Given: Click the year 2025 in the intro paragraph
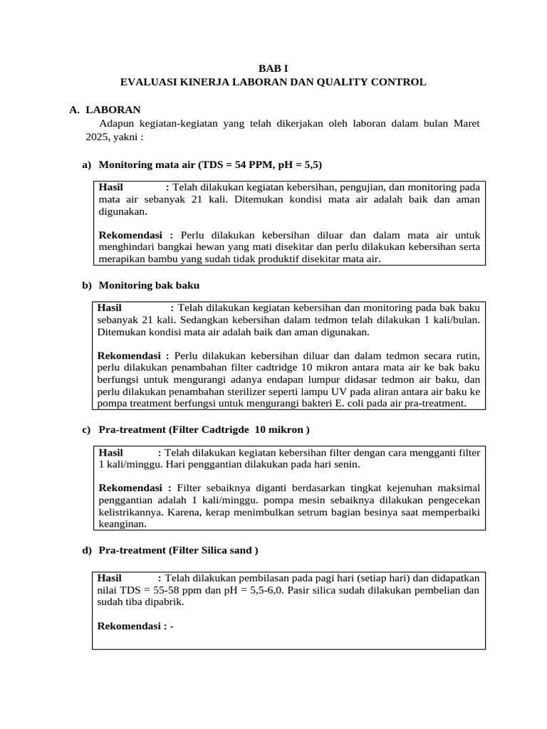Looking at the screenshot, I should click(97, 137).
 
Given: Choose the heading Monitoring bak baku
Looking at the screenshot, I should click(149, 285).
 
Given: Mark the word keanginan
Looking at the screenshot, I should click(122, 525).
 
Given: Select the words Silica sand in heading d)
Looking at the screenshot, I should click(224, 550).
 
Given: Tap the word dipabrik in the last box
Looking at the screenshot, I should click(165, 602).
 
